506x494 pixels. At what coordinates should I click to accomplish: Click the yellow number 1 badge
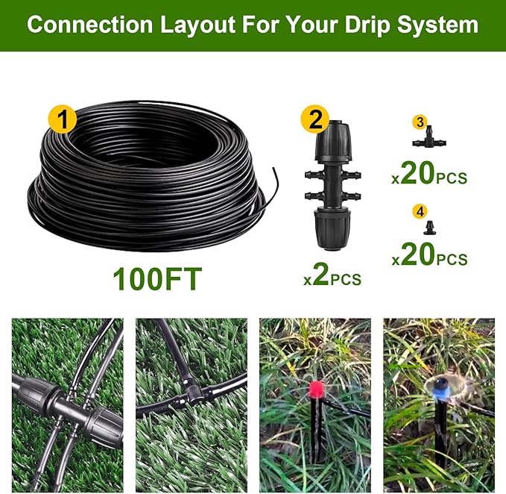[63, 119]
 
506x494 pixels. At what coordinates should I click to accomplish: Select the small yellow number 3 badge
[420, 122]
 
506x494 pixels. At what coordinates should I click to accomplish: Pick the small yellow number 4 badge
[420, 211]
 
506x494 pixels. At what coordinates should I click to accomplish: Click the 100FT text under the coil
[157, 279]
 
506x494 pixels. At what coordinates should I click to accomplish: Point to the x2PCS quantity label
[332, 277]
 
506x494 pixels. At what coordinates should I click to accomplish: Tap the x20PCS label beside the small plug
[430, 255]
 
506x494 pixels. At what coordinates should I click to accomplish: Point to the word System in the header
[436, 25]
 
